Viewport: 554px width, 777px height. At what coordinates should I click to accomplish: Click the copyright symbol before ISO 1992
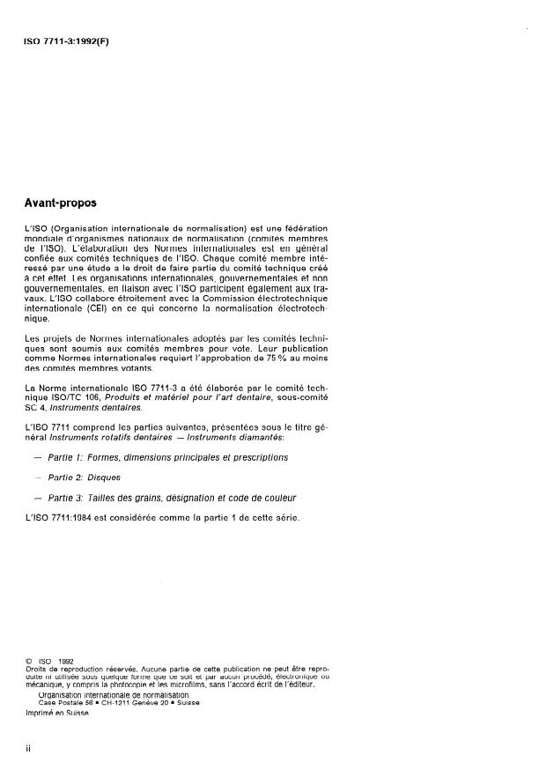click(31, 660)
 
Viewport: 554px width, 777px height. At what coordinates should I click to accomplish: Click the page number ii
click(29, 747)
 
